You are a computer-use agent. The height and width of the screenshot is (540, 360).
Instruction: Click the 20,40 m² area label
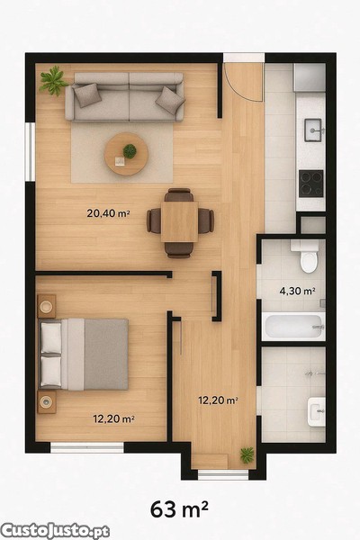pyautogui.click(x=108, y=213)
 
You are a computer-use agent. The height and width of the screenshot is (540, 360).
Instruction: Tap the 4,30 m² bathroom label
pyautogui.click(x=298, y=292)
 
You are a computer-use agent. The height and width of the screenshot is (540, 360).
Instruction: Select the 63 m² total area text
pyautogui.click(x=179, y=509)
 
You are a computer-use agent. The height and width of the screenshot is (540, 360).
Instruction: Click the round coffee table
pyautogui.click(x=126, y=154)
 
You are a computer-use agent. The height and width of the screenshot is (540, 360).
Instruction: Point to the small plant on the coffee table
pyautogui.click(x=130, y=151)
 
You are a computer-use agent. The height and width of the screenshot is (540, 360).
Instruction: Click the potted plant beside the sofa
pyautogui.click(x=53, y=81)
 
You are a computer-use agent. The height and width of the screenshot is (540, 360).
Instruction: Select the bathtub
pyautogui.click(x=293, y=326)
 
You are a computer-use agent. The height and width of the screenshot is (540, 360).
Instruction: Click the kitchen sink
pyautogui.click(x=313, y=130)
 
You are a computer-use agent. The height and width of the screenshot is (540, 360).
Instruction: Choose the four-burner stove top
pyautogui.click(x=311, y=184)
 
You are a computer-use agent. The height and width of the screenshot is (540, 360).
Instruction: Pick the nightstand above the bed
pyautogui.click(x=47, y=306)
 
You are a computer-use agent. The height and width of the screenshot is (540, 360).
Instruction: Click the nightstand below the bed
pyautogui.click(x=47, y=401)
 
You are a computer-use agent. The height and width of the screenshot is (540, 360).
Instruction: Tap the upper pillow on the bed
pyautogui.click(x=51, y=338)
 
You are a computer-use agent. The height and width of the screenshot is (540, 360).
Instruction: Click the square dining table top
pyautogui.click(x=179, y=221)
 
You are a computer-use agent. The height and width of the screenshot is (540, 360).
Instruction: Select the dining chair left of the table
pyautogui.click(x=154, y=220)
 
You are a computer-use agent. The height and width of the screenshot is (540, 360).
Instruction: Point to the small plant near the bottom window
pyautogui.click(x=247, y=454)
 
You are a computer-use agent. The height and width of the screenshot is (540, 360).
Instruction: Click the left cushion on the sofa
pyautogui.click(x=87, y=95)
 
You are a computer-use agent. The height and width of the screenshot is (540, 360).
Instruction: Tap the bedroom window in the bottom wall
pyautogui.click(x=87, y=447)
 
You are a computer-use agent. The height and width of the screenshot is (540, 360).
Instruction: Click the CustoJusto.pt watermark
pyautogui.click(x=55, y=531)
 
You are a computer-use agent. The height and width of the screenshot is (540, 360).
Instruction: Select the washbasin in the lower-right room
pyautogui.click(x=317, y=412)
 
